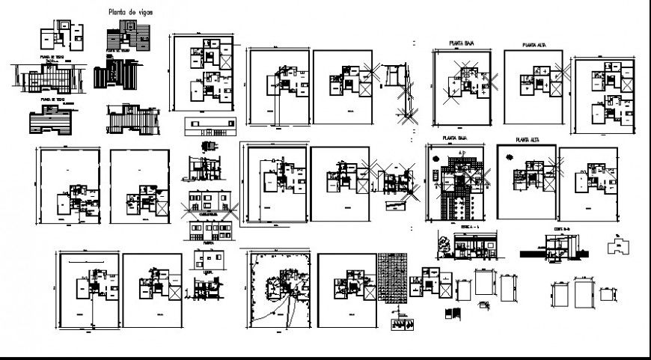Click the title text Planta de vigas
[x=124, y=13]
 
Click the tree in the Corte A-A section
[x=447, y=242]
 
